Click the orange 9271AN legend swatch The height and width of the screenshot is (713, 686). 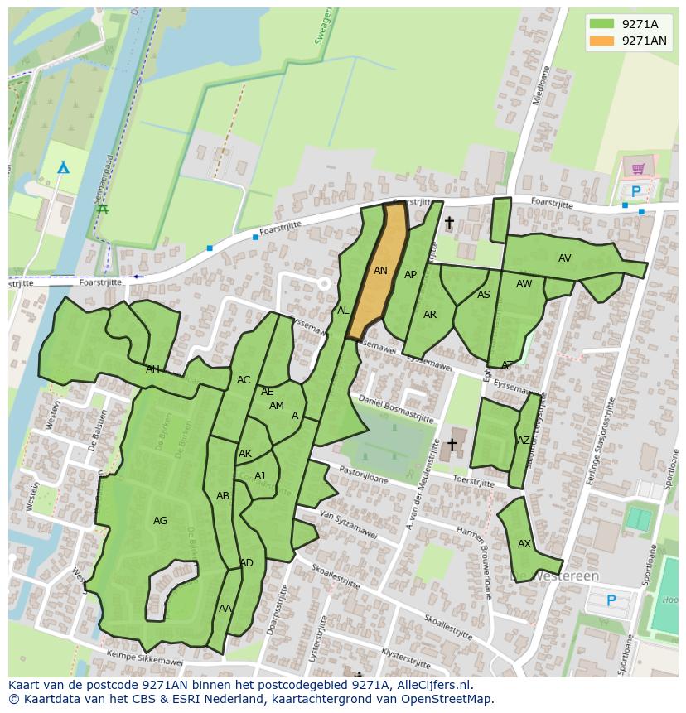[602, 41]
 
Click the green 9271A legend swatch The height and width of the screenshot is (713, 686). [602, 24]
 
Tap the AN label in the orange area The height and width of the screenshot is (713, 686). [380, 271]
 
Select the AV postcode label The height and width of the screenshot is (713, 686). [564, 258]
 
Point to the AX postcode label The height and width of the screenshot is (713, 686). [524, 544]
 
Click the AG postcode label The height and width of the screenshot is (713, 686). [160, 521]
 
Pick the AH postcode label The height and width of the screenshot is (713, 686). [152, 369]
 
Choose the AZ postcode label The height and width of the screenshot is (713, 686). [523, 441]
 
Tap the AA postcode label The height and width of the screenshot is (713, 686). [225, 608]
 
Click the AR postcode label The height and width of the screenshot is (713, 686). [429, 315]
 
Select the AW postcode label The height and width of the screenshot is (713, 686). [524, 284]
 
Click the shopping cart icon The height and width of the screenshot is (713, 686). [638, 169]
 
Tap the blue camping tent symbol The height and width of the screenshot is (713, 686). [63, 168]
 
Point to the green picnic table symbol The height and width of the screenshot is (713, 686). [103, 210]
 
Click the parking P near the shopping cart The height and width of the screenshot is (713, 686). [635, 192]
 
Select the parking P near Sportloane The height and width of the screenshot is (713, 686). [611, 600]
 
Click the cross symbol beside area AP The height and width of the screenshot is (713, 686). [449, 222]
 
